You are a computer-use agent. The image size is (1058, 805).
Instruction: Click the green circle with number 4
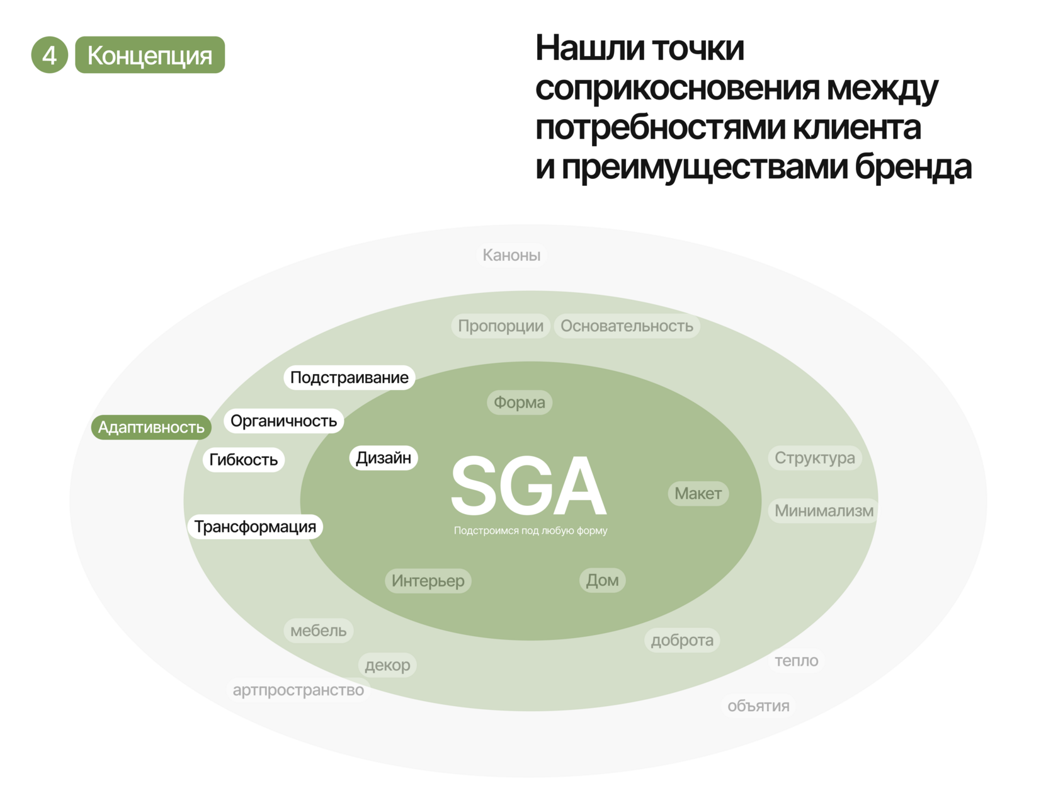(49, 55)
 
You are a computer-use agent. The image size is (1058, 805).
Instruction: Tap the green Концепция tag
(150, 55)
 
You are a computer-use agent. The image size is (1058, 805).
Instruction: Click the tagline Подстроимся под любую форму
(530, 531)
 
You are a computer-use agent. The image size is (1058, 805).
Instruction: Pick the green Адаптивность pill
(151, 428)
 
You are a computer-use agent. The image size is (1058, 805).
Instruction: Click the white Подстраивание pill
(349, 378)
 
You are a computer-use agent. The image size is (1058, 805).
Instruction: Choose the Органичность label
(283, 421)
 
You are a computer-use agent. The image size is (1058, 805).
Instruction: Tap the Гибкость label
(243, 460)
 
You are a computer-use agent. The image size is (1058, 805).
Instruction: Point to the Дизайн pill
(383, 458)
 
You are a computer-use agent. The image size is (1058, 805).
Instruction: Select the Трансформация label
(255, 527)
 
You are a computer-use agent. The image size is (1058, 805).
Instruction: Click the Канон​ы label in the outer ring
(511, 255)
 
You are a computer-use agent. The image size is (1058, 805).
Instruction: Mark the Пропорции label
(501, 326)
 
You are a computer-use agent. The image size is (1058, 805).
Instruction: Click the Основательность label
(627, 326)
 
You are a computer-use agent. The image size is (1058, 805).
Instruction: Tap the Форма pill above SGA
(520, 402)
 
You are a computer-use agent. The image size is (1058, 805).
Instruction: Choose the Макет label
(698, 494)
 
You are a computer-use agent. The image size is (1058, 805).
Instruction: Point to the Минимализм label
(824, 511)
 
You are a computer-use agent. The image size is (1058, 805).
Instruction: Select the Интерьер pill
(428, 581)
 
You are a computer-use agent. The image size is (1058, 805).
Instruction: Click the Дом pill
(602, 580)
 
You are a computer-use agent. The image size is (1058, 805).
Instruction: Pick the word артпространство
(299, 690)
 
